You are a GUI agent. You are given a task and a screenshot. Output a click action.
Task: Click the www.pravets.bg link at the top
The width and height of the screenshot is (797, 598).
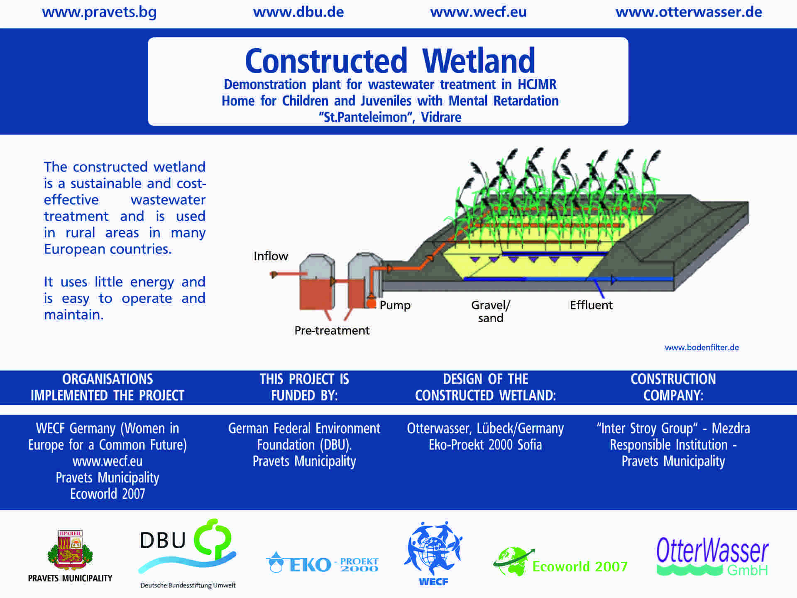click(99, 12)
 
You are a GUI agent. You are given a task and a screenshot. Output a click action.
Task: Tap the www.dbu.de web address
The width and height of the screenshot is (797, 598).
click(298, 12)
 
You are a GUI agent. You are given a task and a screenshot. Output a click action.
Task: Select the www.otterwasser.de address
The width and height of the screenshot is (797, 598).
click(688, 12)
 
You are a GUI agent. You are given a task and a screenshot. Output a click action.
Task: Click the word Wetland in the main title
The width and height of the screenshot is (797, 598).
click(479, 61)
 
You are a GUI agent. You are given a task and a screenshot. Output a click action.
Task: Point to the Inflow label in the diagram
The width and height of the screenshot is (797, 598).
click(271, 256)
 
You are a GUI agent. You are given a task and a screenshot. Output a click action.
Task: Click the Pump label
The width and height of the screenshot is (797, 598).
click(395, 305)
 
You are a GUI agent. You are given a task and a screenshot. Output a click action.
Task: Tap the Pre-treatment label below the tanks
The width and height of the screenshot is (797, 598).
click(332, 331)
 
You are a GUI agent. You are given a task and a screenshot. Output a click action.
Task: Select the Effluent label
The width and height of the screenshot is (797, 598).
click(591, 305)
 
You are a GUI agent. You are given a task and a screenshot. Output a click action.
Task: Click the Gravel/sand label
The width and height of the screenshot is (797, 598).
click(491, 311)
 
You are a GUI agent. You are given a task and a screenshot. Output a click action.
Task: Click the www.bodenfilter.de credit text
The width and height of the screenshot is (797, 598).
click(702, 348)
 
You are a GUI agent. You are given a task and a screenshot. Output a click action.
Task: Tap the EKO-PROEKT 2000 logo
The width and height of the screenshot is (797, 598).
click(322, 564)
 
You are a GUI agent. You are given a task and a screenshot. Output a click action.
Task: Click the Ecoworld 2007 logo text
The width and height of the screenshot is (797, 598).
click(579, 566)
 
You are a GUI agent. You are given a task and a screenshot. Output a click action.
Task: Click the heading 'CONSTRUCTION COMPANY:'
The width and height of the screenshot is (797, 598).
click(673, 387)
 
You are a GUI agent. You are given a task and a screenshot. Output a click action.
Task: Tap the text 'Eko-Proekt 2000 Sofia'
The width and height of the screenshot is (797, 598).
click(485, 445)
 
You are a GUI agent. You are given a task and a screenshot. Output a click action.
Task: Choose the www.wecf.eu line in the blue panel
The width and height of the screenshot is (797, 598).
click(108, 461)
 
